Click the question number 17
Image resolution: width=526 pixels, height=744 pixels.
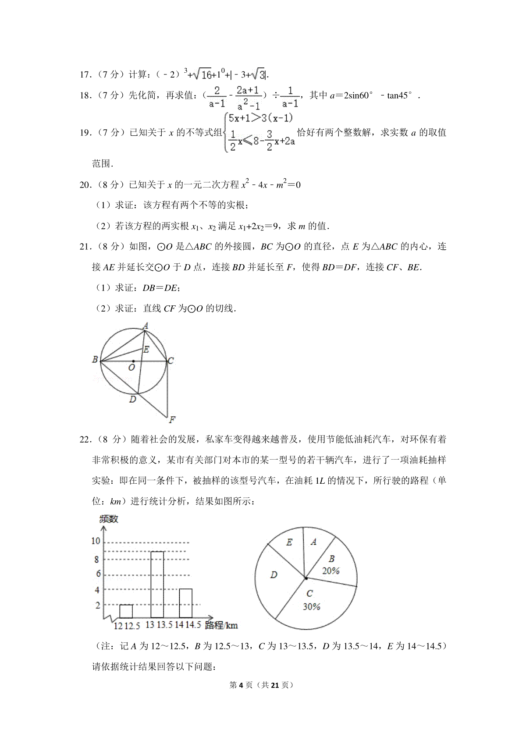(85, 74)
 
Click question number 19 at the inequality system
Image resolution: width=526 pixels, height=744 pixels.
(85, 132)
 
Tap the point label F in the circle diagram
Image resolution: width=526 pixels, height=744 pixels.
(172, 420)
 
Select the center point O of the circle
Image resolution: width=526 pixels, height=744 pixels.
(133, 361)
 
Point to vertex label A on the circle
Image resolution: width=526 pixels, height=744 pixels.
(146, 326)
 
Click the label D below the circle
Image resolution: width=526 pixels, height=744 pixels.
(132, 399)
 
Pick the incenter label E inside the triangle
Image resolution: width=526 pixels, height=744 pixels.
(146, 349)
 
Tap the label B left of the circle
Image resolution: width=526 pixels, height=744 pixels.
(95, 359)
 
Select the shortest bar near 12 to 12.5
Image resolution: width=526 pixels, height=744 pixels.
(126, 611)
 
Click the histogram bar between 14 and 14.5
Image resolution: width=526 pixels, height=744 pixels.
(186, 603)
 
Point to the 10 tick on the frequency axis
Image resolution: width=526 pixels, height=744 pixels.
(96, 541)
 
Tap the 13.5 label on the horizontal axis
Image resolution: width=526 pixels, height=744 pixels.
(165, 624)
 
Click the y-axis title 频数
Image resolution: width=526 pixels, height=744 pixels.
(109, 519)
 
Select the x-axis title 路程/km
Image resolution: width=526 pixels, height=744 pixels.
(221, 625)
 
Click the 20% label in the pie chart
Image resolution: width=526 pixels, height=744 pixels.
(331, 570)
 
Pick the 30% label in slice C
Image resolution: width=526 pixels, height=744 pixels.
(311, 606)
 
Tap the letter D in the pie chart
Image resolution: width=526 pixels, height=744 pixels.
(274, 574)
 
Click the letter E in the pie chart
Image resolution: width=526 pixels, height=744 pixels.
(289, 542)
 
